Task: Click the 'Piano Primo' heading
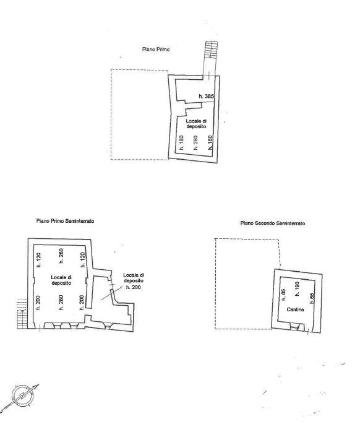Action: coord(156,50)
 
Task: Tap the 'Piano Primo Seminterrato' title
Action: coord(65,221)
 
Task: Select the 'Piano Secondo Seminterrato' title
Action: coord(273,223)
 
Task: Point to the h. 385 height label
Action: coord(206,96)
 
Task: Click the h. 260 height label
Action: coord(195,142)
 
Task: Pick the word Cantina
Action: coord(295,309)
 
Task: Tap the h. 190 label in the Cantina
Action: coord(297,289)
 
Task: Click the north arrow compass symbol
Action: coord(22,396)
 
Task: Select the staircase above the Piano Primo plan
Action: coord(211,50)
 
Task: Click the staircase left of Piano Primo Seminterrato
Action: coord(22,314)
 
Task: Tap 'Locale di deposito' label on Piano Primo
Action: coord(196,124)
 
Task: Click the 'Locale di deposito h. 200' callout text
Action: coord(134,281)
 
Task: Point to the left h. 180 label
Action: coord(181,142)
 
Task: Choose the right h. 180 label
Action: coord(210,142)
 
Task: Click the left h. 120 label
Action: coord(38,260)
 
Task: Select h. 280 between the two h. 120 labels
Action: coord(61,256)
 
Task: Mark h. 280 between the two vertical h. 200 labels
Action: coord(61,303)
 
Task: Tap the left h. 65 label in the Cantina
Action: coord(283,295)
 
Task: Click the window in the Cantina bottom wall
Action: coord(296,327)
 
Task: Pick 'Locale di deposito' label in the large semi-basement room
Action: coord(61,280)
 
